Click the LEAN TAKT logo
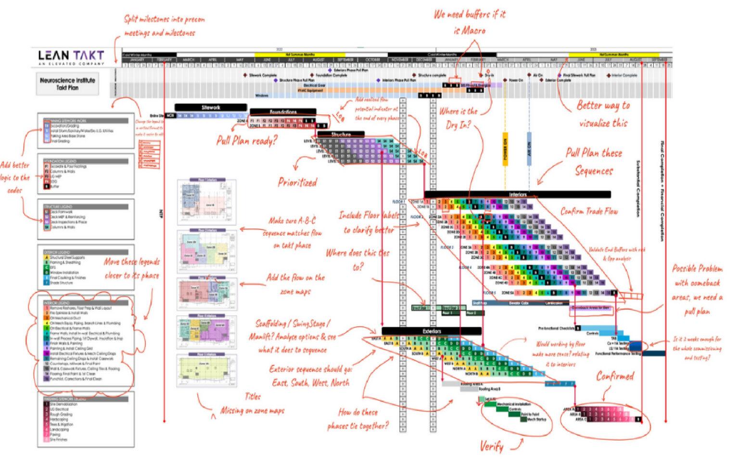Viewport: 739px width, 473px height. (71, 57)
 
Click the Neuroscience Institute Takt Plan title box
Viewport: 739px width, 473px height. (67, 84)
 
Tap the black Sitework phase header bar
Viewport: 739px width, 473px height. (211, 107)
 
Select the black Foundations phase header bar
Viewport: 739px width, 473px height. (283, 112)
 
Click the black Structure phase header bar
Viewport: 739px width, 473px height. (341, 134)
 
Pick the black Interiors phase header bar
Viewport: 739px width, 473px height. (518, 195)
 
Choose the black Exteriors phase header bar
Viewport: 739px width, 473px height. (432, 331)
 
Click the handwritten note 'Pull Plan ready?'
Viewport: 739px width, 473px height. (247, 141)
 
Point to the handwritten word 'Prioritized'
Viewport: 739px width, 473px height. (297, 182)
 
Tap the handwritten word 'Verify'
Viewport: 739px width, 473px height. (492, 447)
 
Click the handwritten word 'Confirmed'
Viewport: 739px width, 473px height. (615, 376)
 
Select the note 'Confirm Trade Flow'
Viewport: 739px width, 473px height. (589, 211)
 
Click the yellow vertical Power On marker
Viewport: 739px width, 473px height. (505, 149)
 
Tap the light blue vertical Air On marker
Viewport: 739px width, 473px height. (529, 149)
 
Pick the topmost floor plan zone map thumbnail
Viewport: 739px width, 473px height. (207, 202)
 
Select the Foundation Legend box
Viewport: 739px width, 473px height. (86, 174)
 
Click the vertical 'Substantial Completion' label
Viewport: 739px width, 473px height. (638, 188)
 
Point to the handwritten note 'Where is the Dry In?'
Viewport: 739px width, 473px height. (458, 118)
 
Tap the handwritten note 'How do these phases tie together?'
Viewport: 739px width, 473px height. (358, 419)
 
